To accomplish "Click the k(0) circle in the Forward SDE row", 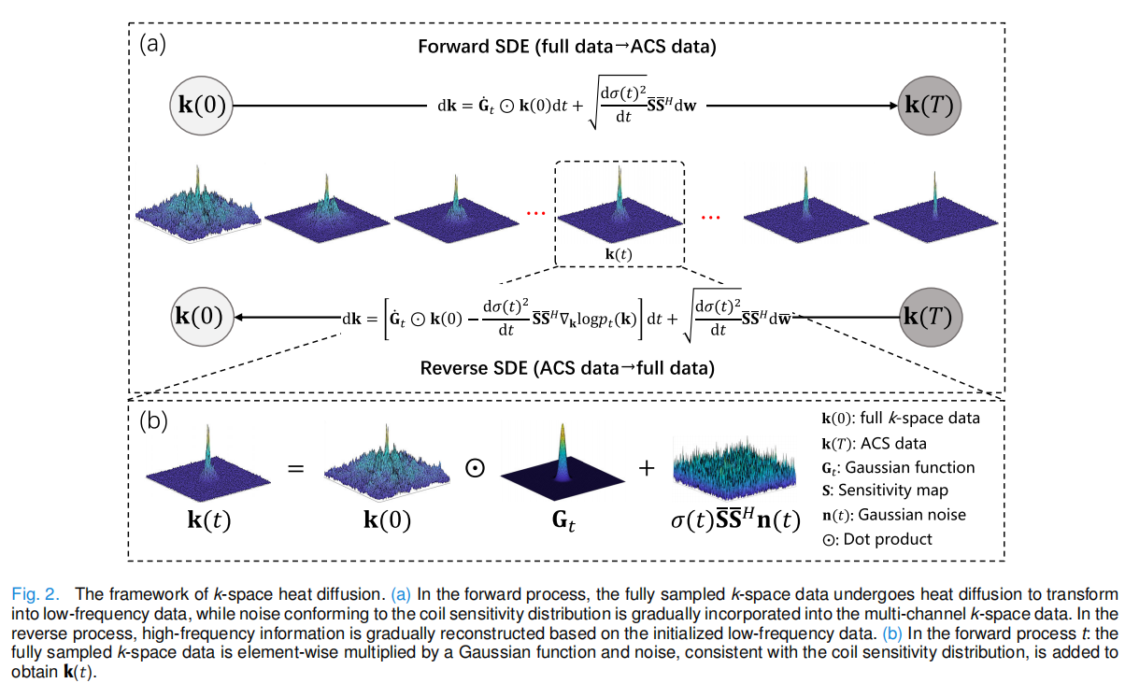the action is pos(202,106).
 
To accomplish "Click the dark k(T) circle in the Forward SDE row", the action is pos(929,106).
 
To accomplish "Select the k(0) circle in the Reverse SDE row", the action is pos(202,317).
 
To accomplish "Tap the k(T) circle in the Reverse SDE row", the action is pos(931,317).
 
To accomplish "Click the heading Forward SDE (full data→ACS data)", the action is pos(567,47).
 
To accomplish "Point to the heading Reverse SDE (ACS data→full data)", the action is pos(567,368).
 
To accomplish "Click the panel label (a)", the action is pos(152,44).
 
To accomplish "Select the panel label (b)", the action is pos(153,420).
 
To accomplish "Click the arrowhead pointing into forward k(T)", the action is pos(893,106).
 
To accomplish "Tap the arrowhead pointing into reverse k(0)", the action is pos(239,318).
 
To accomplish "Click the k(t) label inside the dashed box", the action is pos(619,254).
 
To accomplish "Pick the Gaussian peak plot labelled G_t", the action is pos(562,462).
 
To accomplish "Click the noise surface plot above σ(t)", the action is pos(734,468).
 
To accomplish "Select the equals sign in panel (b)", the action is pos(296,469).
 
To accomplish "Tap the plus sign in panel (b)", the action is pos(647,468).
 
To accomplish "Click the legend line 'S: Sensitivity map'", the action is pos(885,491).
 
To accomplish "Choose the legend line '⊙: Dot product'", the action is pos(876,539).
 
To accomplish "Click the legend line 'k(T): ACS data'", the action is pos(874,444).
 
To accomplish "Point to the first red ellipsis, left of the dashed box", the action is pos(536,214).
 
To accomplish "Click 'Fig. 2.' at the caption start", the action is pos(36,594).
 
